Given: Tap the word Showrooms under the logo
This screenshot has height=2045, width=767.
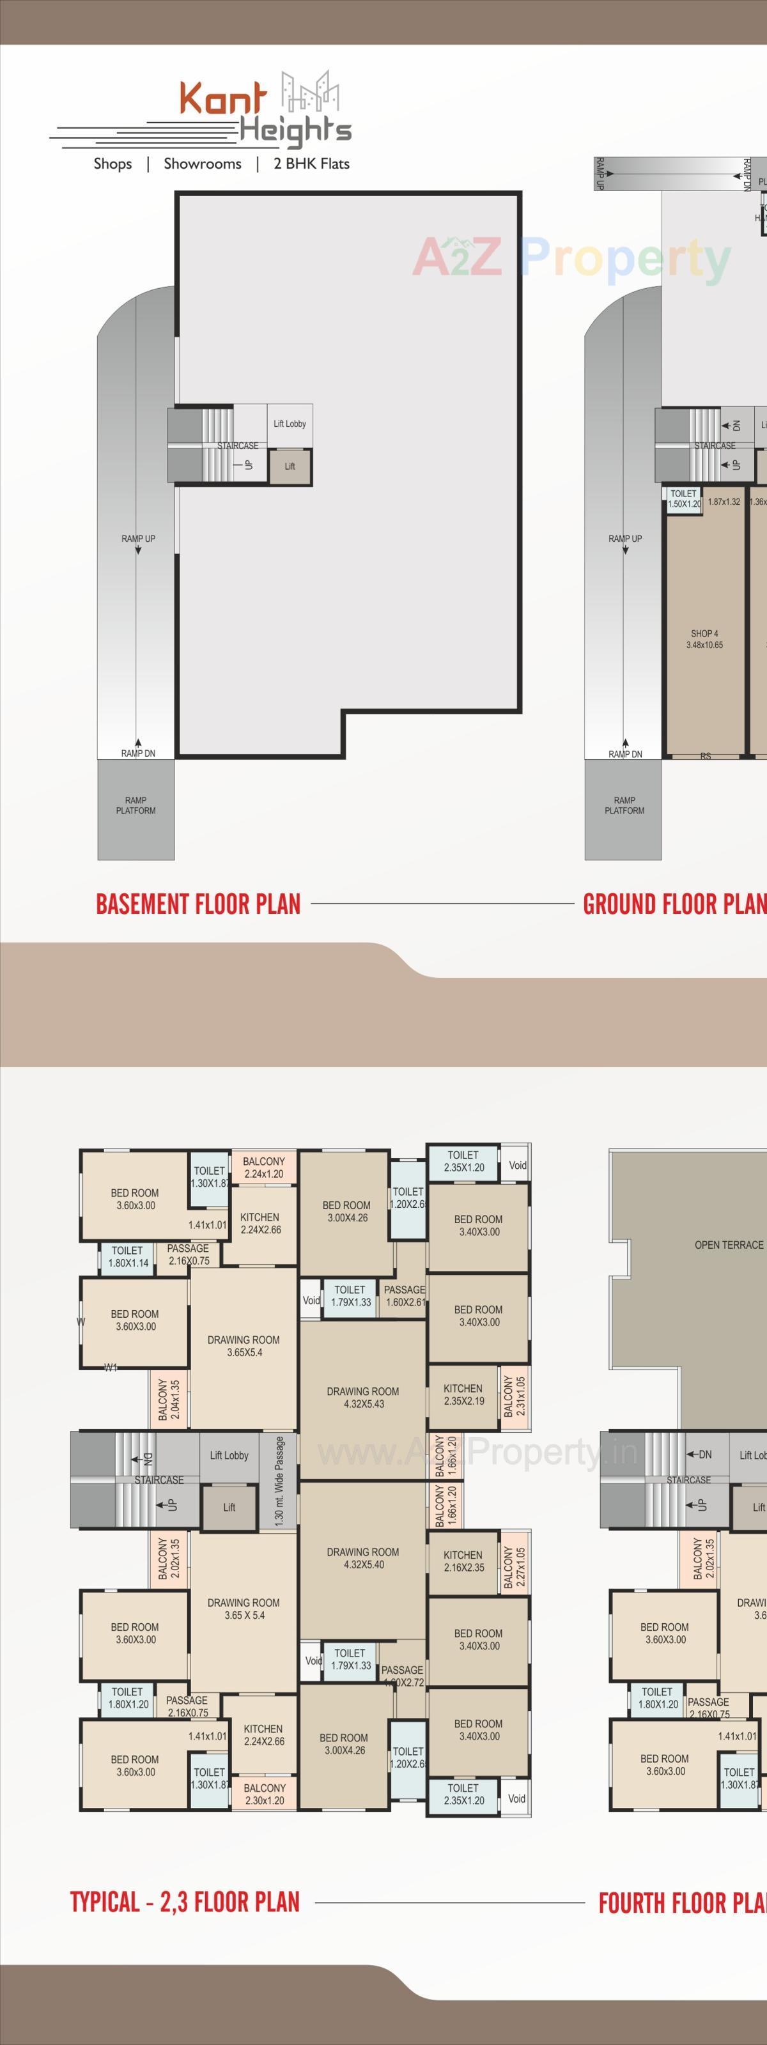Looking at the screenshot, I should click(203, 164).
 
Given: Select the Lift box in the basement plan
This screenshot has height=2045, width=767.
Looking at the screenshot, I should click(289, 466).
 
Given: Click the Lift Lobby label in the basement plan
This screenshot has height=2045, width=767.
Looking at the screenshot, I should click(289, 424).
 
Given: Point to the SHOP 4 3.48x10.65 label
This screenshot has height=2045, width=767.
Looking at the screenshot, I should click(704, 639).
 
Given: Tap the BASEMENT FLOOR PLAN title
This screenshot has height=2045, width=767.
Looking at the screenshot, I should click(198, 904).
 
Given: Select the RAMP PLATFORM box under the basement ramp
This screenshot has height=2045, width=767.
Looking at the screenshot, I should click(136, 806).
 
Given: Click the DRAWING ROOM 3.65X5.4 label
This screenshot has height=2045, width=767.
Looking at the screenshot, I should click(244, 1346).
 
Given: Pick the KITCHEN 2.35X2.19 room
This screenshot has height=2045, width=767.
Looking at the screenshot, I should click(463, 1394).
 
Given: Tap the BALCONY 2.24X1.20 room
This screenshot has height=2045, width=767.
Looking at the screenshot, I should click(263, 1167).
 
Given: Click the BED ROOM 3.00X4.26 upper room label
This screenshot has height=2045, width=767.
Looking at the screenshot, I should click(346, 1212).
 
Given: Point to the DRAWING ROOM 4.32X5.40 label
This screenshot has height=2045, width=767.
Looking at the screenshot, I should click(363, 1557).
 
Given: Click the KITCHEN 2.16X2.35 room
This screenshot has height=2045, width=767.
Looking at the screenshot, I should click(463, 1561).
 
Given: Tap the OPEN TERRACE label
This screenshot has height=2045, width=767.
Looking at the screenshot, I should click(728, 1245).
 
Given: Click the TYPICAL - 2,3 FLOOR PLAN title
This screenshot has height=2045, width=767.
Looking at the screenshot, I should click(184, 1902).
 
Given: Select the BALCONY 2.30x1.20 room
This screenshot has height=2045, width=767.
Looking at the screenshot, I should click(263, 1794).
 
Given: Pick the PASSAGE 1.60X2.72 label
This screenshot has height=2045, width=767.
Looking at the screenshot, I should click(403, 1676).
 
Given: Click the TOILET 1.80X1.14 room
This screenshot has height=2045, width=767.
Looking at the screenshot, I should click(127, 1256).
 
